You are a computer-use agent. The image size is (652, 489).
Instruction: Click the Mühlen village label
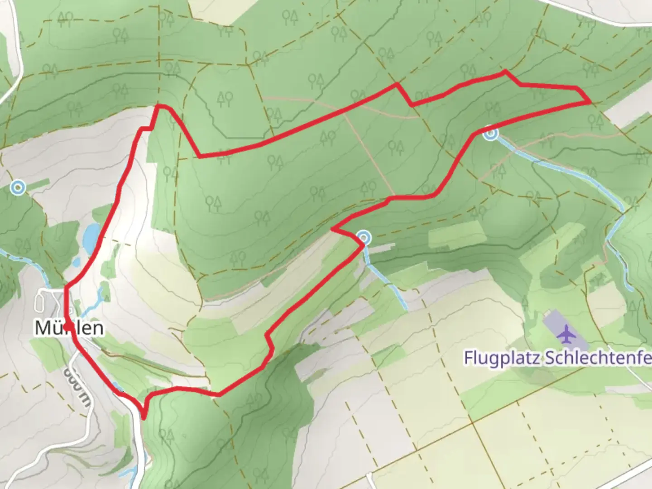(69, 328)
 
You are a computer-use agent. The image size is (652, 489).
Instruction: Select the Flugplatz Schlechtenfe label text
(557, 358)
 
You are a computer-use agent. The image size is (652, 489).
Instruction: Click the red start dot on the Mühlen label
(67, 326)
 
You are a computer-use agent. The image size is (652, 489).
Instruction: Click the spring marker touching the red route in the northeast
(490, 134)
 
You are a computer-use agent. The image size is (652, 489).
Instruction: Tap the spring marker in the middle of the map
(364, 237)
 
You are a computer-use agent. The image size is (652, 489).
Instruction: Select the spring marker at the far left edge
(18, 187)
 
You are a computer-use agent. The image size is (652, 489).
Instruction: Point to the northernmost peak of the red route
(505, 71)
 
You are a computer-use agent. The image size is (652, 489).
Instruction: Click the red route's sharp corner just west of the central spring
(333, 229)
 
